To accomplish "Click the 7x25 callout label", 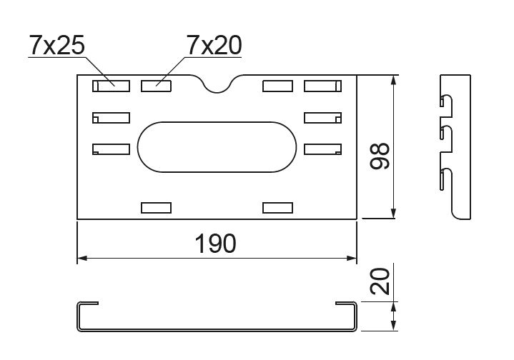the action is click(x=57, y=45).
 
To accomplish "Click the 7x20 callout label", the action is click(x=214, y=45).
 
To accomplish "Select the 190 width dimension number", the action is click(x=215, y=244).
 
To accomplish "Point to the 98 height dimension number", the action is click(x=380, y=156).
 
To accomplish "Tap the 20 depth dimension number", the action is click(x=380, y=281).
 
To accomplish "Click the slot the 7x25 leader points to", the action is click(x=111, y=86).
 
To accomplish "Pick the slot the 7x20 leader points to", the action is click(x=157, y=86).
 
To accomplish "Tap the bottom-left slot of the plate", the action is click(x=157, y=208).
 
